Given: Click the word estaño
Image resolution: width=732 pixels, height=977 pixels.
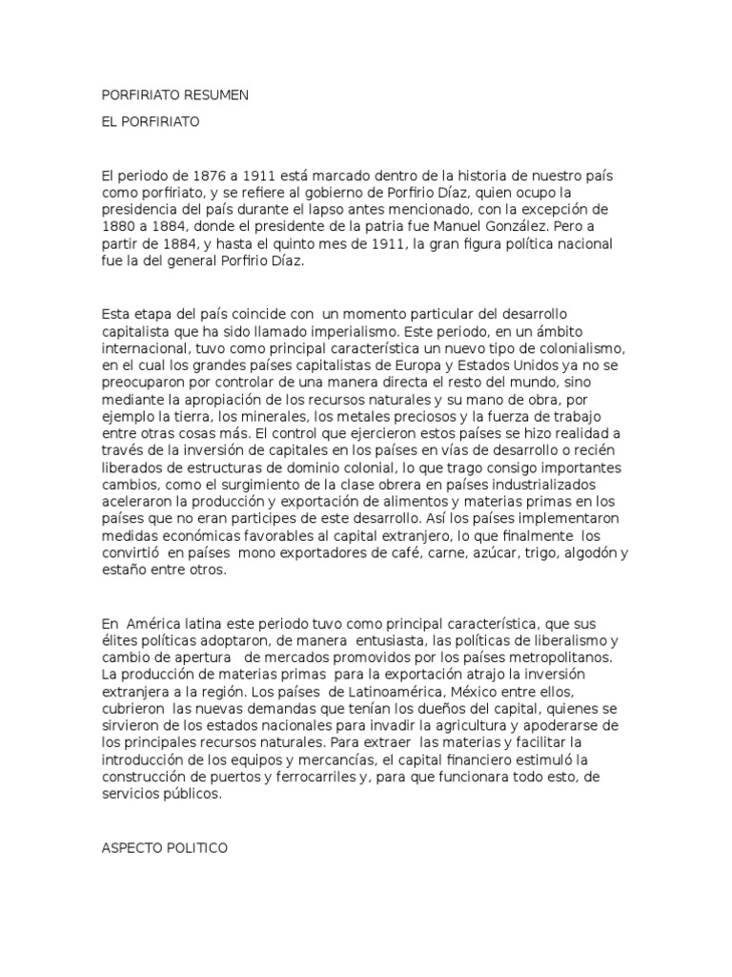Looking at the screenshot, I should (x=123, y=572).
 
